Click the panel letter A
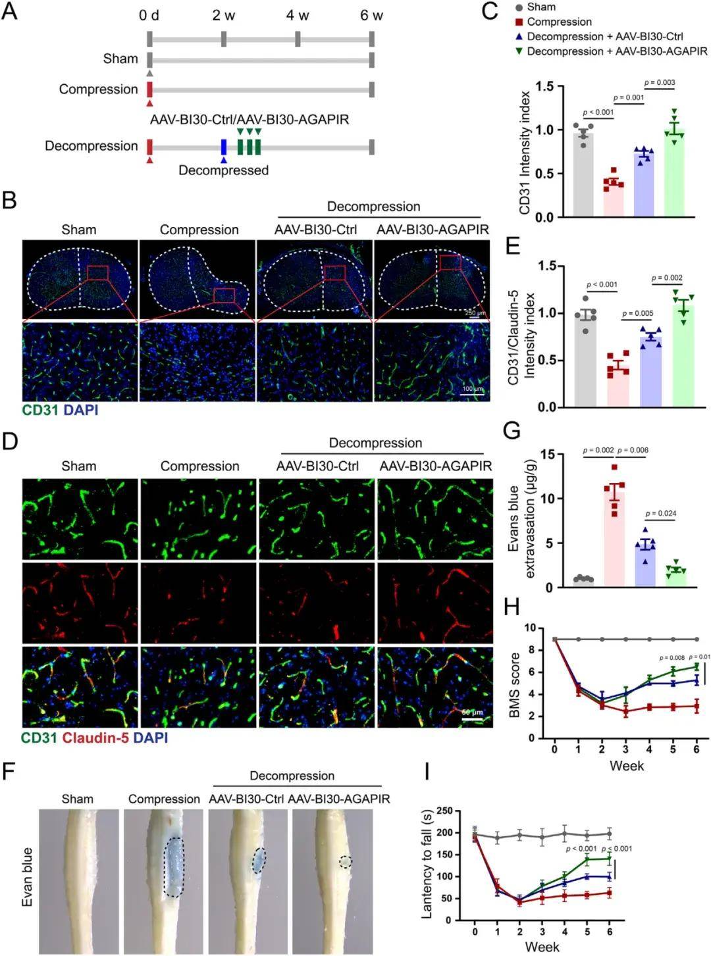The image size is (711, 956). (x=9, y=12)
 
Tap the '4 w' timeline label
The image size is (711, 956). (x=298, y=15)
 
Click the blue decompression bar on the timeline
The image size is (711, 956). (x=224, y=146)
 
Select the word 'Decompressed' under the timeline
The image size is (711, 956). (x=223, y=170)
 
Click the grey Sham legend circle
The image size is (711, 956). (x=519, y=7)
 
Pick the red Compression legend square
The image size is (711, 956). (x=519, y=22)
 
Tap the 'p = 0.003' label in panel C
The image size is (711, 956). (x=660, y=82)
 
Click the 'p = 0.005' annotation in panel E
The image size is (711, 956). (x=637, y=313)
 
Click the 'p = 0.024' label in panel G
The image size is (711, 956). (x=661, y=513)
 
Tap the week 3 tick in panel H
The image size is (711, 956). (x=625, y=749)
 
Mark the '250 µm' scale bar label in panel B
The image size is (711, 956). (x=475, y=313)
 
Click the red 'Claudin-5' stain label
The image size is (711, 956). (x=95, y=738)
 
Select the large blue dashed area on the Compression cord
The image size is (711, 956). (x=174, y=866)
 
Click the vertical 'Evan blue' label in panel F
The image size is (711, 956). (x=28, y=876)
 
